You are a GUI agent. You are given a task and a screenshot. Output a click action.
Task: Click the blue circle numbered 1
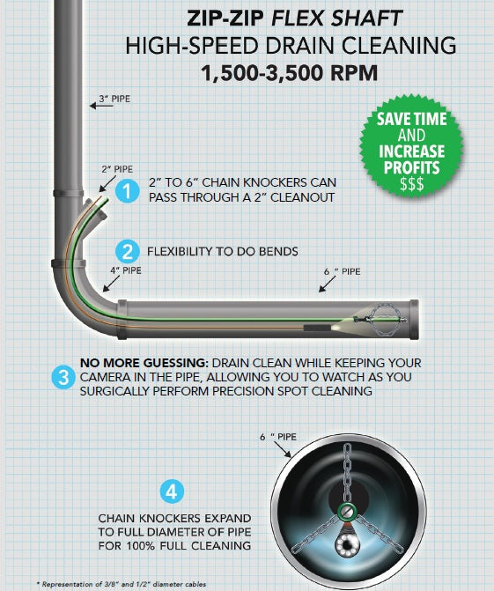[127, 191]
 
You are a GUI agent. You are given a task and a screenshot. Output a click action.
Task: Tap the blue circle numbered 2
[128, 251]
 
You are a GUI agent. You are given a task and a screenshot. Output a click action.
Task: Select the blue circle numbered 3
[63, 377]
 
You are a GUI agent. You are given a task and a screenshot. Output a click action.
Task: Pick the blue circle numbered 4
[172, 491]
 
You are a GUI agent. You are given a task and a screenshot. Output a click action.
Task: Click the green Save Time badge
[411, 146]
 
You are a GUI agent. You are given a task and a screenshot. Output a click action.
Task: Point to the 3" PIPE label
[114, 99]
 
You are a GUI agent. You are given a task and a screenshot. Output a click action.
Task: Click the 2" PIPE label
[117, 169]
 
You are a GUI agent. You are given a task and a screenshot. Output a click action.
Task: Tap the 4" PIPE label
[126, 270]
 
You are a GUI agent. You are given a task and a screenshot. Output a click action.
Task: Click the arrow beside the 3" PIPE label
[101, 106]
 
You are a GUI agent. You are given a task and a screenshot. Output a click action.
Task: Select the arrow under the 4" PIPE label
[111, 284]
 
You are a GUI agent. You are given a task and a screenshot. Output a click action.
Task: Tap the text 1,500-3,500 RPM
[289, 73]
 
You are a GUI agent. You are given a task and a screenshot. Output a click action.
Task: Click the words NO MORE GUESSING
[144, 363]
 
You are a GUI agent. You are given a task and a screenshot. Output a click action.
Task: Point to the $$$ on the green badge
[412, 184]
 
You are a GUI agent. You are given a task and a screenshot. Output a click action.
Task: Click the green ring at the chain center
[347, 511]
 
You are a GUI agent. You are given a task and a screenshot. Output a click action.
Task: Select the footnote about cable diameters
[122, 584]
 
